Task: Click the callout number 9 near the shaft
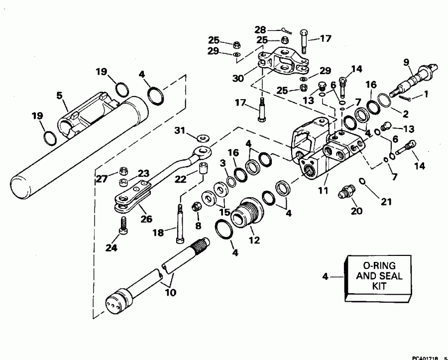406,63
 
